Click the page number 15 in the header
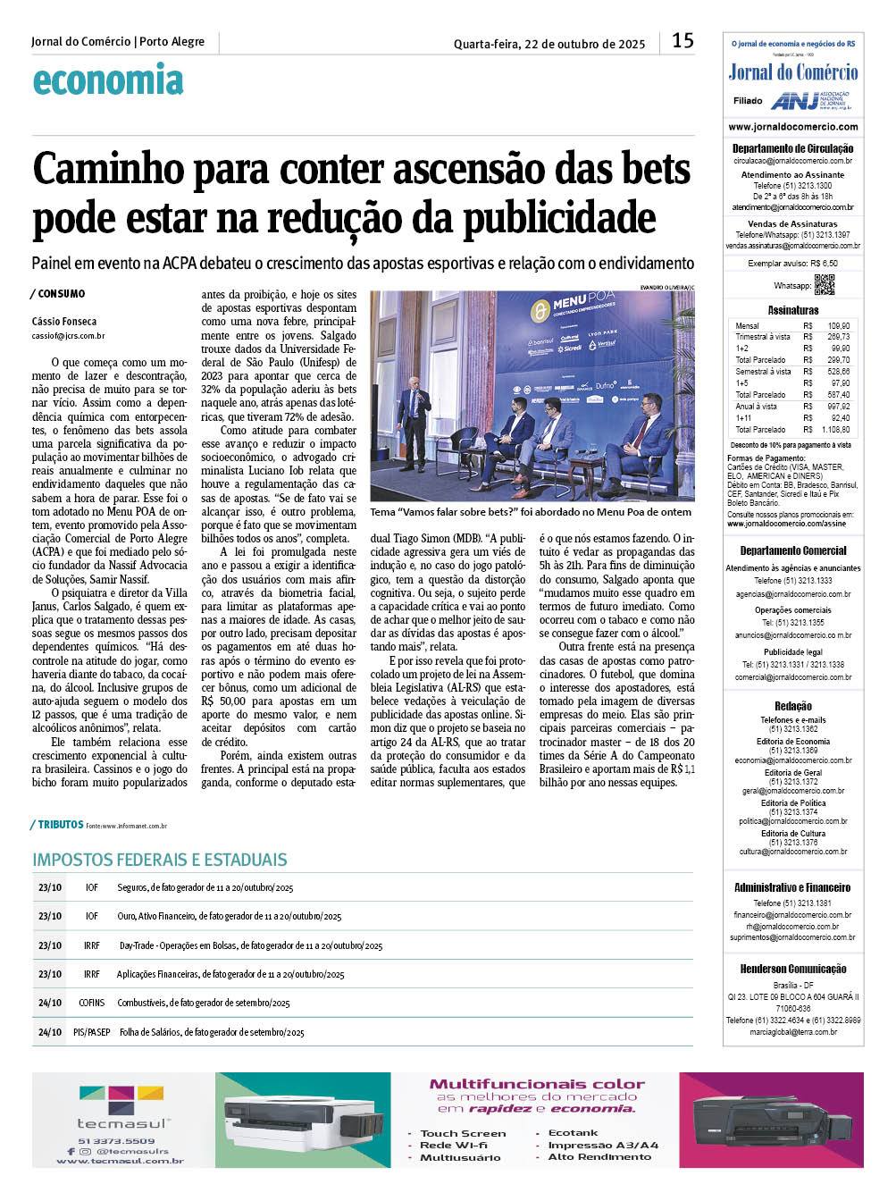682,40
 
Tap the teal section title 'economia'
108,80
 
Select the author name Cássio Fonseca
64,322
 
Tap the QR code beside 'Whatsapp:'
824,285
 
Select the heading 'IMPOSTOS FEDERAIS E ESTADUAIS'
160,860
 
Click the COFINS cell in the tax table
92,1003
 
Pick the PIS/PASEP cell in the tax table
92,1032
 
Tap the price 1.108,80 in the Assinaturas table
836,430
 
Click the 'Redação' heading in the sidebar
793,706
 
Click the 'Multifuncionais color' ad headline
537,1084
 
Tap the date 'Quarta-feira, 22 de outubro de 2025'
549,44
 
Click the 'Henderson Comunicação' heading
793,969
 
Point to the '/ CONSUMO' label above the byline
58,294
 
